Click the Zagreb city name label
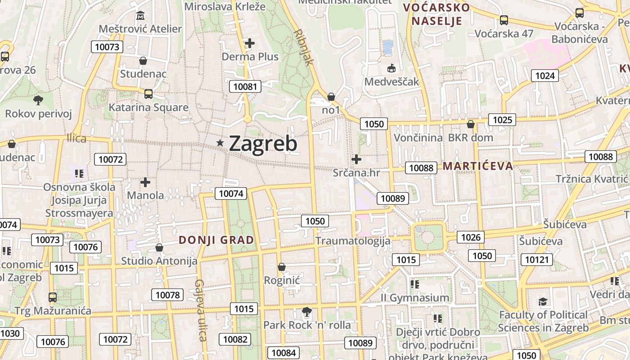tap(263, 144)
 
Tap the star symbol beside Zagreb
tap(220, 143)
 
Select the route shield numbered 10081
tap(245, 86)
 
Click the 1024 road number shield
tap(544, 76)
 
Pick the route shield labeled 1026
tap(471, 237)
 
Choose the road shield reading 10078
tap(167, 295)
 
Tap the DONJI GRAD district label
tap(216, 240)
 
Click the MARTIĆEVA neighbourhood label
tap(478, 166)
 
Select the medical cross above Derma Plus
tap(250, 43)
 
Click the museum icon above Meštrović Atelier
tap(140, 16)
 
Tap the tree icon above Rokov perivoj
tap(38, 100)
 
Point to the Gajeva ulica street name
tap(200, 310)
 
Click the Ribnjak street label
tap(303, 48)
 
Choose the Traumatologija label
tap(353, 241)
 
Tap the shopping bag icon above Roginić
tap(282, 267)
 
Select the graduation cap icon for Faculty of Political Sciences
tap(543, 301)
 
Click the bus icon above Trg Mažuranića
tap(53, 297)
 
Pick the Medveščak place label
tap(391, 82)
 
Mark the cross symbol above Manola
tap(145, 182)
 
